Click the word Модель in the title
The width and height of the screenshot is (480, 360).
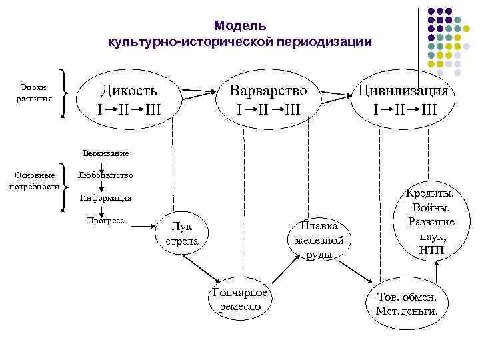pos(240,26)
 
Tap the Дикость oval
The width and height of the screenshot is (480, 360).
pos(129,99)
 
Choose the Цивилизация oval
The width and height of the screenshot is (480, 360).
pos(404,99)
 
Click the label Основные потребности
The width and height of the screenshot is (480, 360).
pos(33,181)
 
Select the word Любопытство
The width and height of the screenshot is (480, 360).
pos(105,175)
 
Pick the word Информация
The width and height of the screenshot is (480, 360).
pos(105,198)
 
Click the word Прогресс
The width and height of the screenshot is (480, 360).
pos(105,221)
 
